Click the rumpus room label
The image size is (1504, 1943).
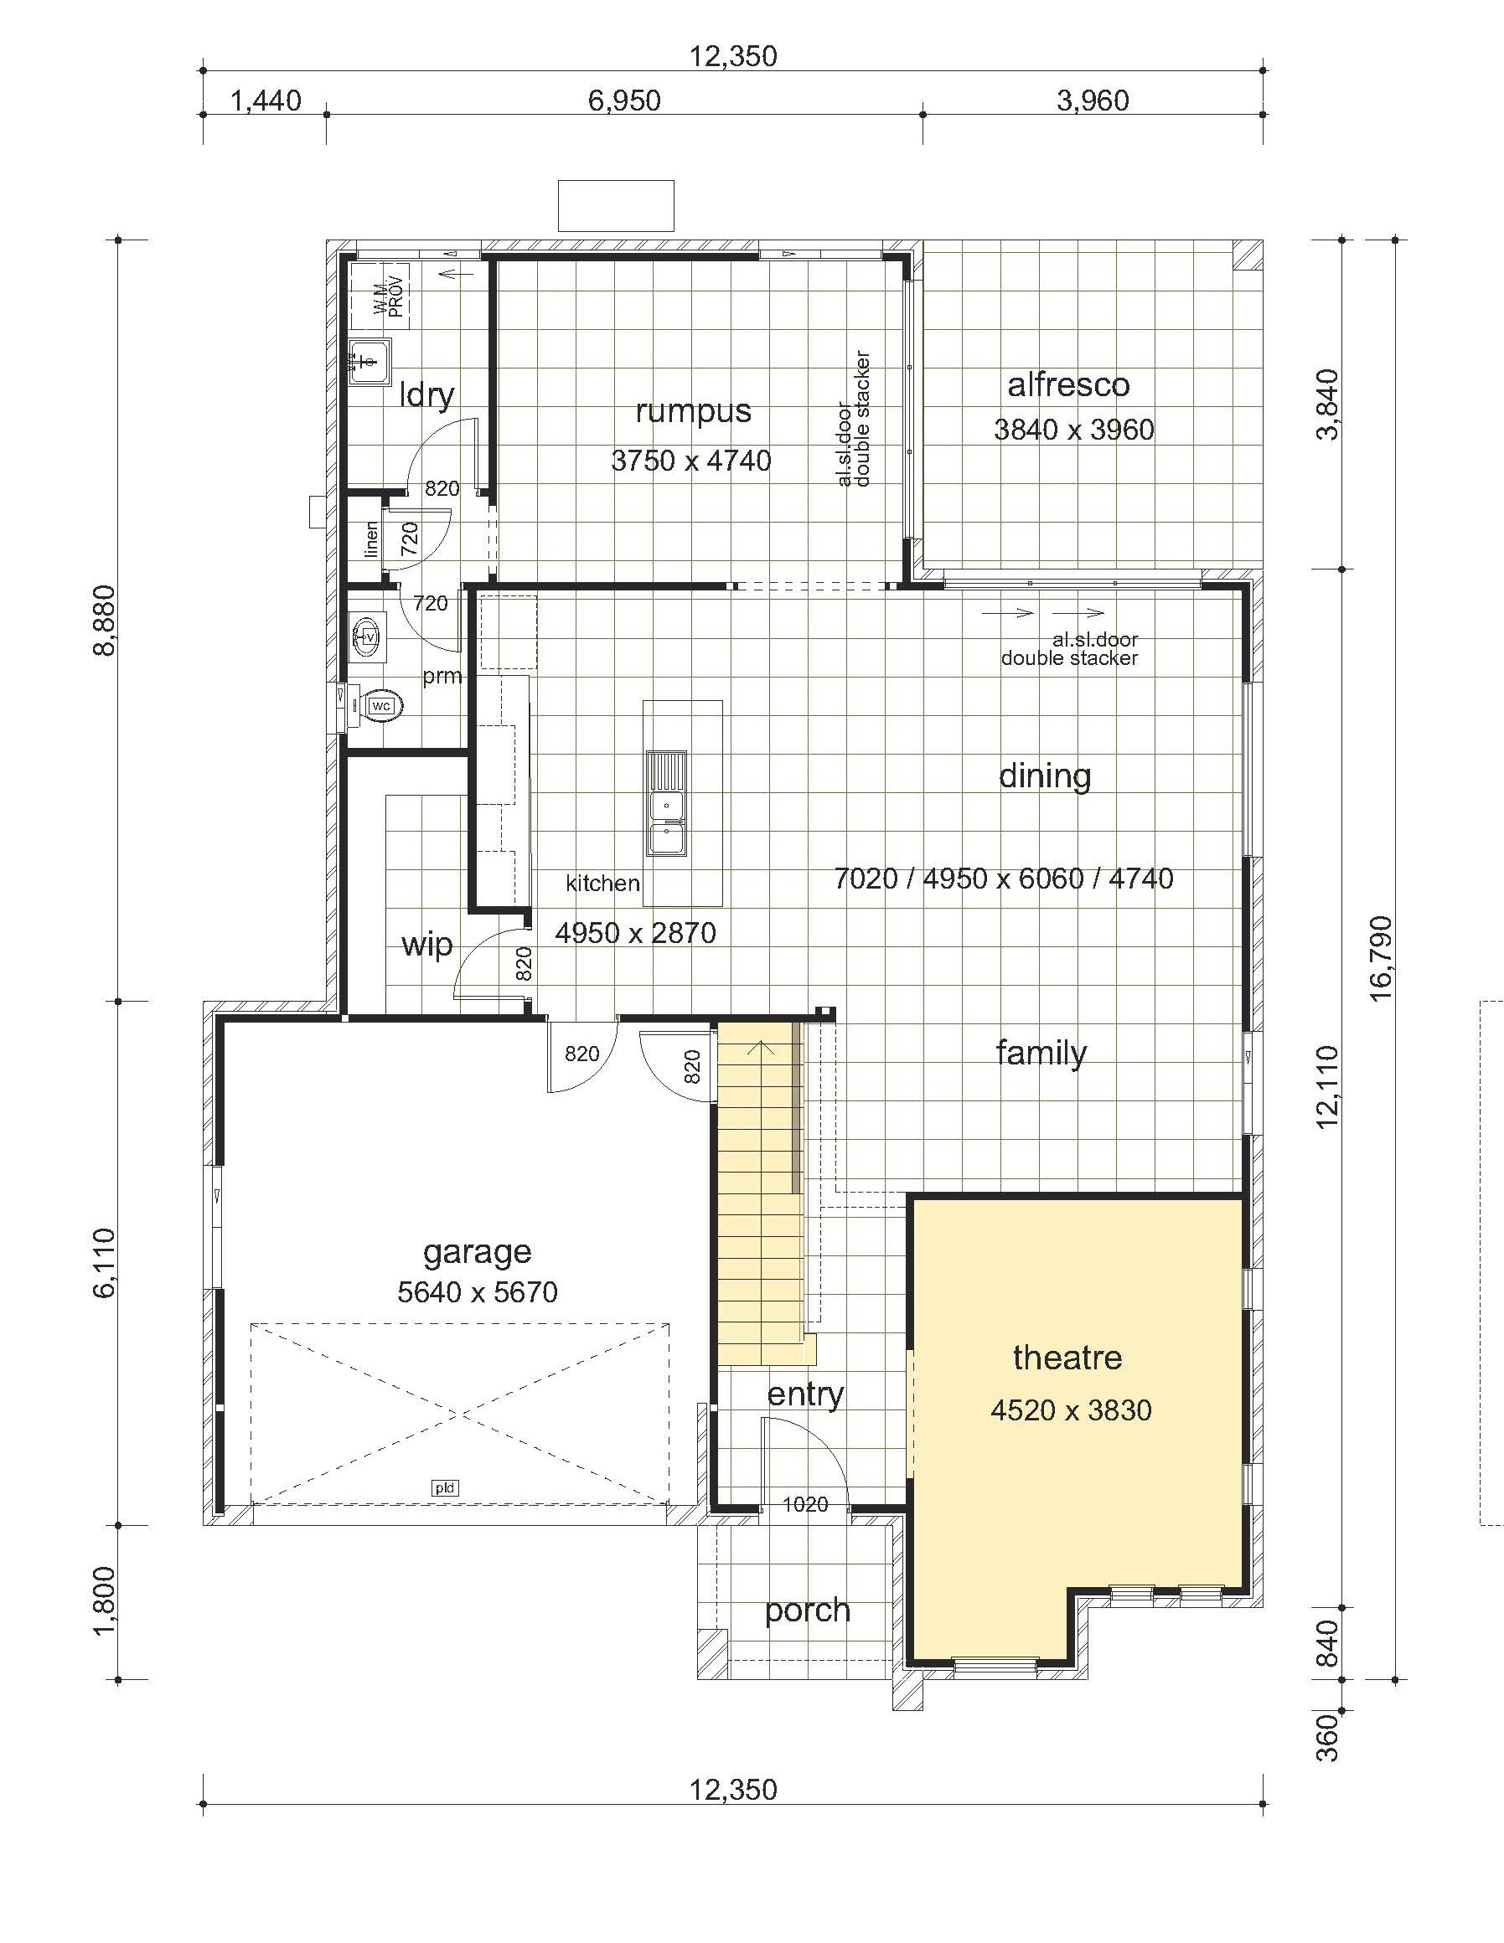pos(693,411)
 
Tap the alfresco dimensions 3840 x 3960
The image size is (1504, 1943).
pos(1073,430)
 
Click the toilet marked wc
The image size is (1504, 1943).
pos(377,705)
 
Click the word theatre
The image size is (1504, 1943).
pos(1067,1357)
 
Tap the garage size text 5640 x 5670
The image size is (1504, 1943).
pos(477,1291)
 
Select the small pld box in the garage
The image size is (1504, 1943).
pos(445,1487)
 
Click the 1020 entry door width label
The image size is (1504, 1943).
pos(804,1504)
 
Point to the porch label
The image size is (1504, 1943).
pos(807,1611)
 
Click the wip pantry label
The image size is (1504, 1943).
pos(427,945)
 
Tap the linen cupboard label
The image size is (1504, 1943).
pos(371,539)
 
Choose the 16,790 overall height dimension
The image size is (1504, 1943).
pos(1380,957)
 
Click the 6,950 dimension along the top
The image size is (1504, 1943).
pos(625,100)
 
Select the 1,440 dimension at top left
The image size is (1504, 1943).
pos(266,100)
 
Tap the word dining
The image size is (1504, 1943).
pos(1045,776)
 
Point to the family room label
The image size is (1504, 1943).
pos(1041,1053)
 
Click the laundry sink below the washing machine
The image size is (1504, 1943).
pos(370,361)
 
